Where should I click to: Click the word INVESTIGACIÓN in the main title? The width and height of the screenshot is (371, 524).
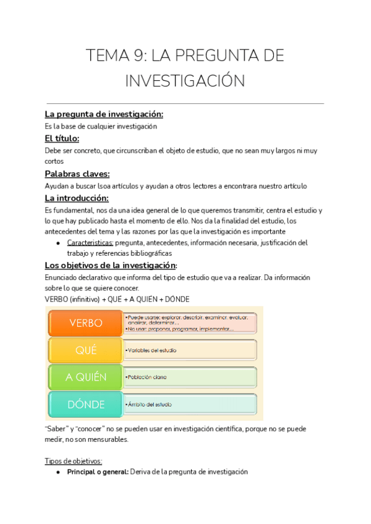point(185,81)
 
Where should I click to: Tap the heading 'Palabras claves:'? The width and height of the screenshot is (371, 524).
point(77,174)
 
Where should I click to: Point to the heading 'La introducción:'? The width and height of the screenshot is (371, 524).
point(77,198)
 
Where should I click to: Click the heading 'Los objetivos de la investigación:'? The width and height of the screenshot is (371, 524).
point(111,265)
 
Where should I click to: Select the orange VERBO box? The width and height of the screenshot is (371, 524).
point(85,323)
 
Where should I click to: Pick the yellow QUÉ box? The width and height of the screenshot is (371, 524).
point(85,350)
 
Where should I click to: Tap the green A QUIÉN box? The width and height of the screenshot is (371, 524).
point(85,377)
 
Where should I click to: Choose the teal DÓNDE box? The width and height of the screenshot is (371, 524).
point(85,404)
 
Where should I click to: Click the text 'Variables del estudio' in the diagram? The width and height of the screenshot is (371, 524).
point(152,350)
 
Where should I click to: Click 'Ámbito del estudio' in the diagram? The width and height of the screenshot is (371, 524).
point(149,404)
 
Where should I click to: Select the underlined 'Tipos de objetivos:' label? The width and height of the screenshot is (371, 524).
point(74,461)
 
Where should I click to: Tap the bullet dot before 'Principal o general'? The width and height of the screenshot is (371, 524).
point(58,472)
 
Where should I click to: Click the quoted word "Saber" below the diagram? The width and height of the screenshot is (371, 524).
point(56,428)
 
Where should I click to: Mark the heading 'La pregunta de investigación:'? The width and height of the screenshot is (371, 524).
point(104,114)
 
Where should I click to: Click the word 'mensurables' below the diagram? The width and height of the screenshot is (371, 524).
point(107,439)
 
